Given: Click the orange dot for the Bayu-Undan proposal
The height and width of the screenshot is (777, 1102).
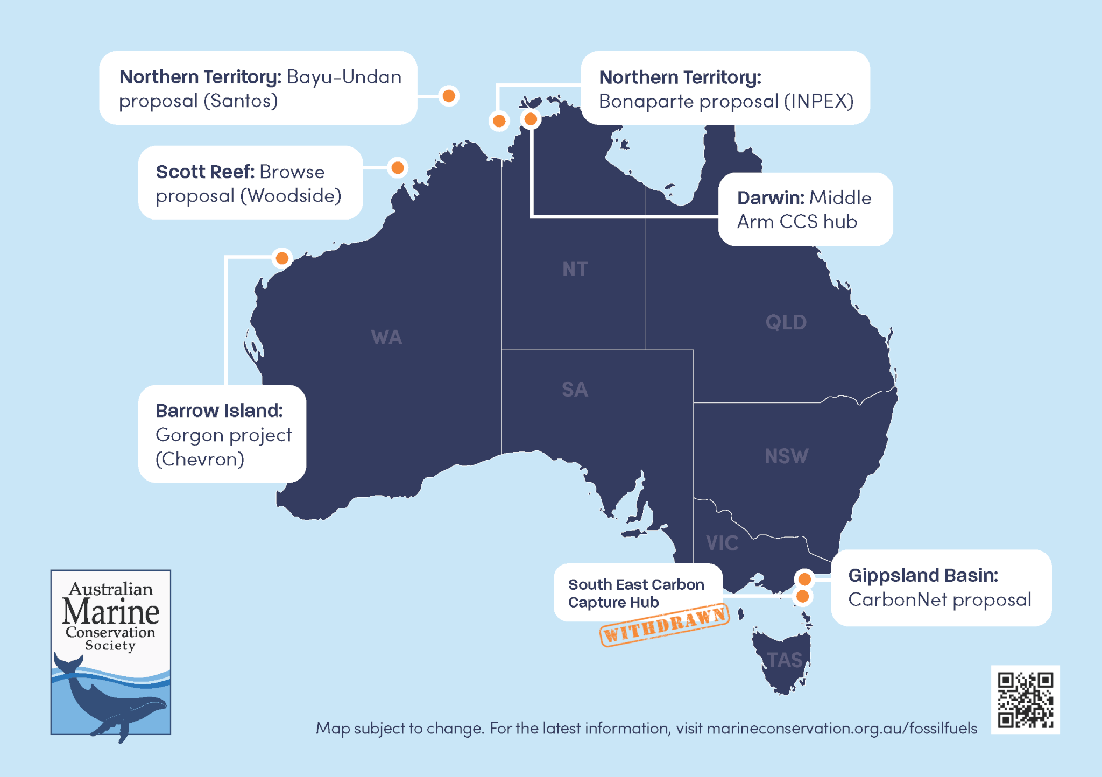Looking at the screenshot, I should coord(448,96).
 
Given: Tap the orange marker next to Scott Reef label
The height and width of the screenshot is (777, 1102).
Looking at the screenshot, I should coord(398,168).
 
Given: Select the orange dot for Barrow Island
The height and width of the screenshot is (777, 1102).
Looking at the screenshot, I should coord(282,258).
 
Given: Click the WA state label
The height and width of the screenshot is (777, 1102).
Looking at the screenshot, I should coord(386,338).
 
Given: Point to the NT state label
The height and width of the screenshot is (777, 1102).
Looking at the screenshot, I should coord(575,269).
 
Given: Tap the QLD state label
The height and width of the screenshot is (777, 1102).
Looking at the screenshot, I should coord(786,322).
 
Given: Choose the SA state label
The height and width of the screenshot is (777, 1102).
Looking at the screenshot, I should coord(575,390).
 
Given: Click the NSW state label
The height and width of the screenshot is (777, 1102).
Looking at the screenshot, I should coord(786,456).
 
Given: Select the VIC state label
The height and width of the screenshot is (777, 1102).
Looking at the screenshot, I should coord(722,543).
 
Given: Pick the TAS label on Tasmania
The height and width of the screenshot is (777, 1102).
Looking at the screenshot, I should coord(785,660).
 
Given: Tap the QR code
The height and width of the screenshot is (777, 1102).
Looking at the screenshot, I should coord(1025,700).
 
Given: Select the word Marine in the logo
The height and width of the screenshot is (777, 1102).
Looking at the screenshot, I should coord(111,612).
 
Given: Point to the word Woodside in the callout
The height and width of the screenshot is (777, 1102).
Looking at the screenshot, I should coord(291,196).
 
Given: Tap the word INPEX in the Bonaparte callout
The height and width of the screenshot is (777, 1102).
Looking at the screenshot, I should coord(818,101).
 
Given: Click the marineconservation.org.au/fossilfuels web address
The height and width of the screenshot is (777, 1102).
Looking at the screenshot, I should coord(842,728).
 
